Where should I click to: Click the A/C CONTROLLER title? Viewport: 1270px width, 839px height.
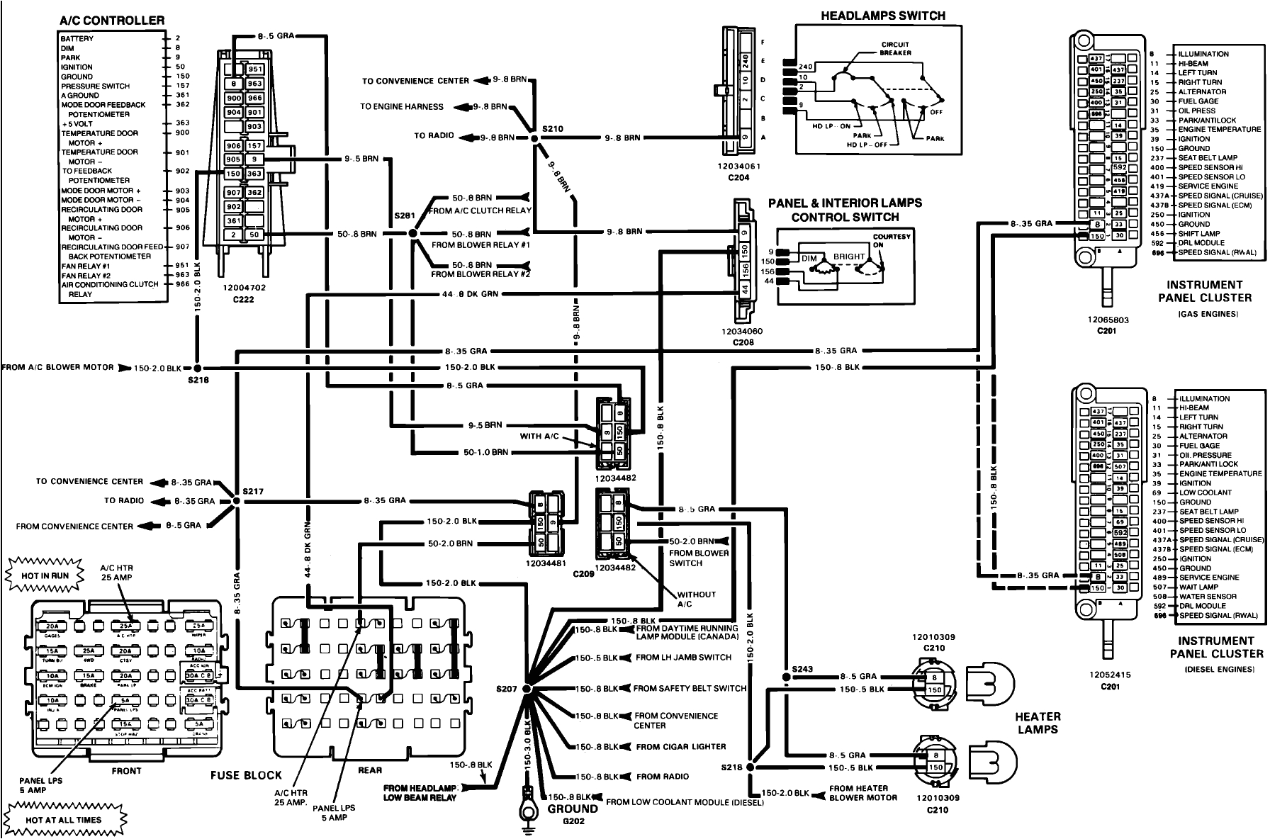pos(112,21)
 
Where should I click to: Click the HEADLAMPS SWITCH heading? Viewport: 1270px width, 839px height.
pos(882,16)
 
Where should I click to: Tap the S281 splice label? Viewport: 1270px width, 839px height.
pos(403,215)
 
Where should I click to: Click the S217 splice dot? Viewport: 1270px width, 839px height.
pos(236,501)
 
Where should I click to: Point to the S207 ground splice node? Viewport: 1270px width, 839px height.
pos(527,688)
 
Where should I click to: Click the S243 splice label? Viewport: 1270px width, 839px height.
pos(802,668)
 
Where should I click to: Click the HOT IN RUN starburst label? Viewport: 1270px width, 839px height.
pos(45,575)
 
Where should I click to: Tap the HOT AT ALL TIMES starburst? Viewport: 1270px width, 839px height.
pos(63,819)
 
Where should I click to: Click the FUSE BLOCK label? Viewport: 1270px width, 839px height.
pos(246,775)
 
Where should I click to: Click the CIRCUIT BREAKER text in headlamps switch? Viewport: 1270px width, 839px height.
pos(895,48)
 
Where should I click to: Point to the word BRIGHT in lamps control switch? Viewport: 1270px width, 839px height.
pos(848,257)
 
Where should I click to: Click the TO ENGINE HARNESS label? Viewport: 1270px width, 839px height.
pos(402,107)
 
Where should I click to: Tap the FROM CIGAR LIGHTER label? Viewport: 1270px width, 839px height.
pos(680,746)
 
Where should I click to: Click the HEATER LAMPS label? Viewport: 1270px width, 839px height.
pos(1038,723)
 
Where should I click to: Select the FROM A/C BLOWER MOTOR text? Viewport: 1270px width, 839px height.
pos(57,368)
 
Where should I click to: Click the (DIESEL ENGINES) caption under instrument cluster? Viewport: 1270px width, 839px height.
pos(1216,669)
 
